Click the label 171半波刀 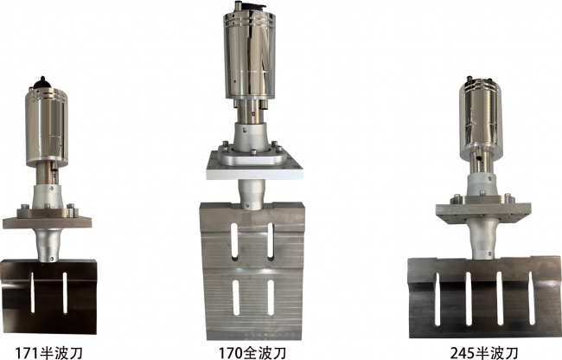click(48, 353)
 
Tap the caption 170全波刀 click(252, 353)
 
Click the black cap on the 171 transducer click(42, 83)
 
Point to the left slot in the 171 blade click(32, 292)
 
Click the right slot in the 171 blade click(65, 293)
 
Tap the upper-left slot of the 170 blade click(235, 241)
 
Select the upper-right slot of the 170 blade click(271, 241)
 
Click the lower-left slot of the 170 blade click(235, 297)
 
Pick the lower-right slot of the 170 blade click(271, 298)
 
